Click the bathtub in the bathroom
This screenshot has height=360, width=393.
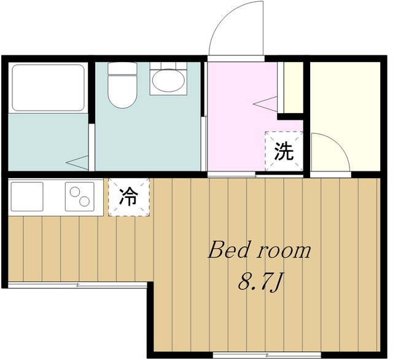coord(48,88)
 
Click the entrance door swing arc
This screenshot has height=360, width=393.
coord(236,28)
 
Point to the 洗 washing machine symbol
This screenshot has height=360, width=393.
coord(284,152)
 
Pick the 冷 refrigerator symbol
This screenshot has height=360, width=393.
coord(129,197)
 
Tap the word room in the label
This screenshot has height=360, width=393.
coord(284,251)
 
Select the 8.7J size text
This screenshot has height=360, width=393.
coord(260,283)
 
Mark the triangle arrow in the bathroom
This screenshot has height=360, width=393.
coord(78,162)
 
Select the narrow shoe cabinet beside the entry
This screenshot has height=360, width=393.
coord(292,87)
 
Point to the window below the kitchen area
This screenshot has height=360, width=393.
coord(77,285)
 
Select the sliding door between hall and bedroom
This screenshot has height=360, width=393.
coord(232,175)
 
